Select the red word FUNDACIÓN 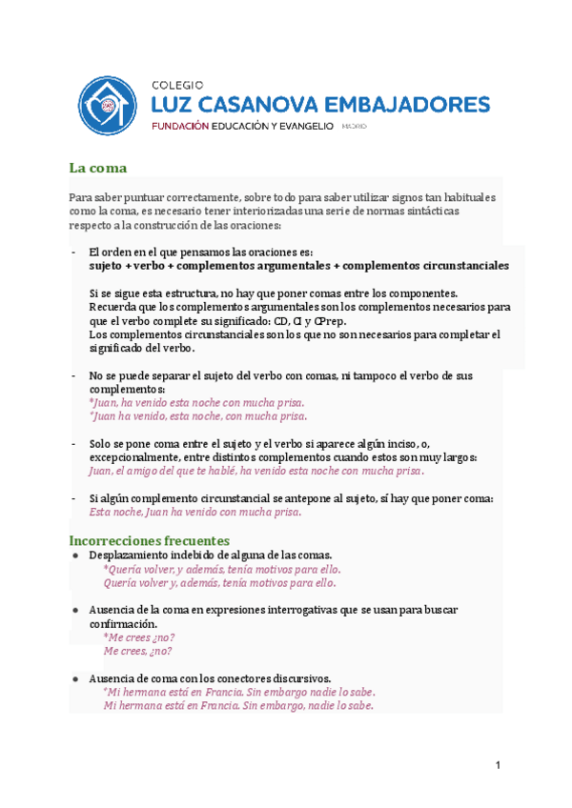180,126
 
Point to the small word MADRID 353,127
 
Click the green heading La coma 97,168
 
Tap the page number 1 498,765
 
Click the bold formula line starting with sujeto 297,266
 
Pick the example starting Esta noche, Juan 194,512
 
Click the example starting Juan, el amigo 256,471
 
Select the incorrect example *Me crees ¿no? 139,637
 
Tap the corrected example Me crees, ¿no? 137,651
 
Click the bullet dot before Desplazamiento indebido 75,555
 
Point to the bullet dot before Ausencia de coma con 75,678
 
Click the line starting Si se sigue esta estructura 273,293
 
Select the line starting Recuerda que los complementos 299,308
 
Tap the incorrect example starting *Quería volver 221,569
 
